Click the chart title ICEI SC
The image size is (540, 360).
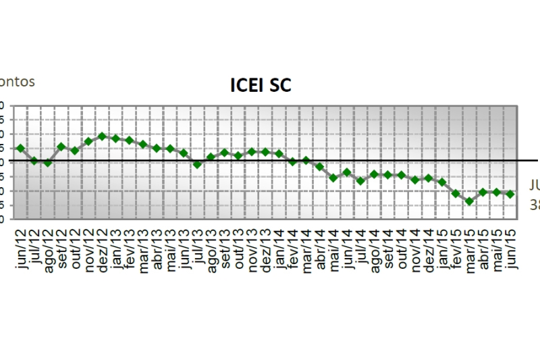(x=261, y=86)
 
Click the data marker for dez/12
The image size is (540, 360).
(x=102, y=136)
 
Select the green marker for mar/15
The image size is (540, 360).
(x=469, y=201)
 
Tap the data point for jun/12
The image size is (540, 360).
(x=20, y=148)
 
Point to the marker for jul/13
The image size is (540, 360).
(x=197, y=164)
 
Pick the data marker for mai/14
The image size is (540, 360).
(x=333, y=178)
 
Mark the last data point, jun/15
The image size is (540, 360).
(x=510, y=194)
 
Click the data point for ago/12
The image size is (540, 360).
(x=47, y=163)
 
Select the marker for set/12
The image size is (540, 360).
(x=61, y=147)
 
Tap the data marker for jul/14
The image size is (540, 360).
(x=360, y=181)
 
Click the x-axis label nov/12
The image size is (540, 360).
(x=88, y=249)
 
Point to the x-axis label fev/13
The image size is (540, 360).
(x=130, y=249)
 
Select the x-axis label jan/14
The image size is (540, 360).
(x=279, y=249)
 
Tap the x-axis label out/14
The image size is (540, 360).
(x=402, y=249)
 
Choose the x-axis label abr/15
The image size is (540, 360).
(x=483, y=249)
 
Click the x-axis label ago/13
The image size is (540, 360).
(x=211, y=249)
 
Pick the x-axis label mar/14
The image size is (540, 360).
(x=306, y=249)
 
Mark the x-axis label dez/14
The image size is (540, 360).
(x=429, y=249)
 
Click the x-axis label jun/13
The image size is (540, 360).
(x=184, y=249)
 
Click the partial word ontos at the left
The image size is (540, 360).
(x=17, y=82)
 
